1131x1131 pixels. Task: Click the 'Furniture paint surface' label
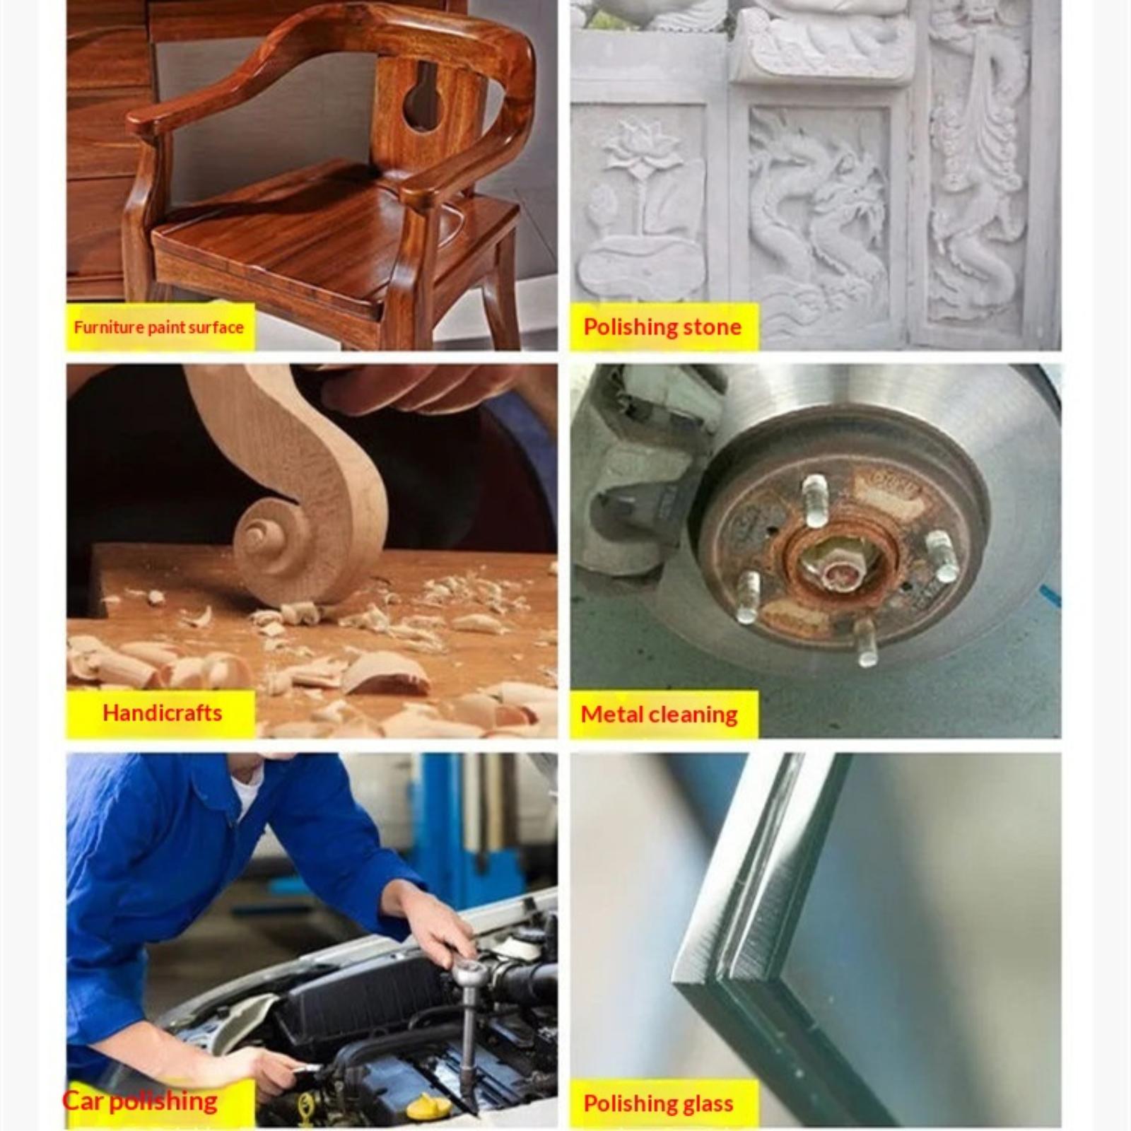click(158, 327)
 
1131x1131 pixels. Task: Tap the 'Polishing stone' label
click(662, 327)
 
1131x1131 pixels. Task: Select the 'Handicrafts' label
click(163, 713)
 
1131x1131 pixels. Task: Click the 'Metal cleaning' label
click(659, 714)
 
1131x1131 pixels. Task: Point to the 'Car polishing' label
click(140, 1101)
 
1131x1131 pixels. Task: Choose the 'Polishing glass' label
click(658, 1103)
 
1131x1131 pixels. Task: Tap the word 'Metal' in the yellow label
click(611, 713)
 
